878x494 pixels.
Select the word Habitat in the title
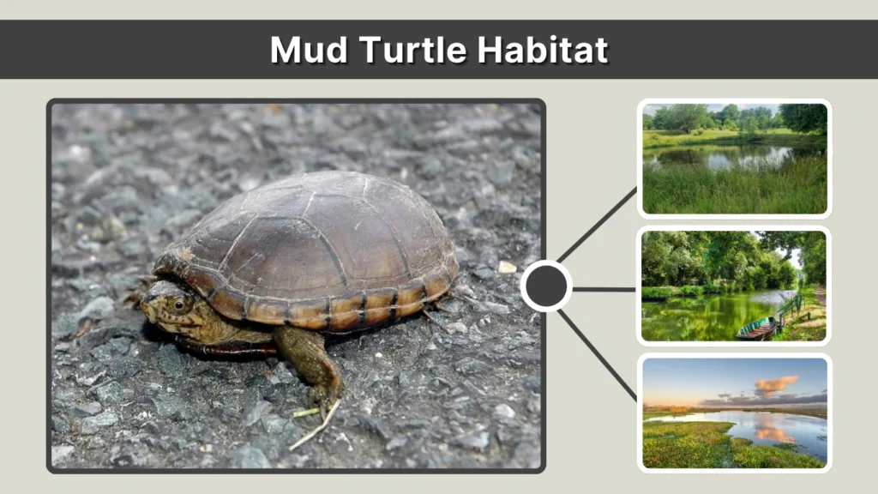pos(543,50)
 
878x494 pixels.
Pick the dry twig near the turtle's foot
pos(314,425)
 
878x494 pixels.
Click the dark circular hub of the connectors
pos(546,286)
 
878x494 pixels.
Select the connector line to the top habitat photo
pos(598,226)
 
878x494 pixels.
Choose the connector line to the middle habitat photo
pos(604,289)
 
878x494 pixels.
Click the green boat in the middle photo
pos(759,328)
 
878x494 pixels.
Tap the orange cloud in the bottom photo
pos(775,383)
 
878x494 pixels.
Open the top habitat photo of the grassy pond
pos(735,159)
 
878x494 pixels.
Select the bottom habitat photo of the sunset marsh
pos(735,413)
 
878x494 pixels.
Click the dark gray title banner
pos(129,50)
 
